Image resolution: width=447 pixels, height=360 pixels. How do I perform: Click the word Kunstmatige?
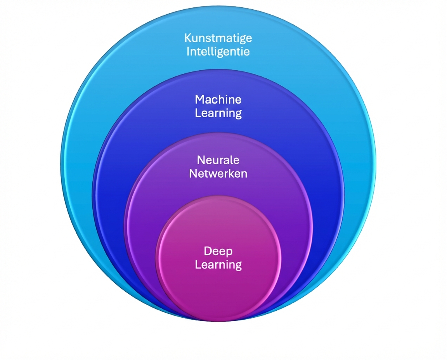(218, 38)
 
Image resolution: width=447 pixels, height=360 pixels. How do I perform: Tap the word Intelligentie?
(218, 51)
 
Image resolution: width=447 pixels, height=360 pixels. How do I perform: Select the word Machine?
(218, 100)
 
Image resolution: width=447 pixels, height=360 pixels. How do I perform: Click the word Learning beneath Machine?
(218, 113)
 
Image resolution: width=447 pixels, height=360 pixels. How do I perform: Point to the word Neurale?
(218, 160)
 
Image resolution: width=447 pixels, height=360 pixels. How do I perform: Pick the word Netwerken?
(218, 173)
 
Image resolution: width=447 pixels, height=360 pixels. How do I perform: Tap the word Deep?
(218, 251)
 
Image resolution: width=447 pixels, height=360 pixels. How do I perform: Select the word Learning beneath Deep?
(218, 265)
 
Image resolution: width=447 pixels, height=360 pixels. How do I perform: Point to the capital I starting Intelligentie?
(188, 51)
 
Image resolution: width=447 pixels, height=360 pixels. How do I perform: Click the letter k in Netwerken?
(229, 173)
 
